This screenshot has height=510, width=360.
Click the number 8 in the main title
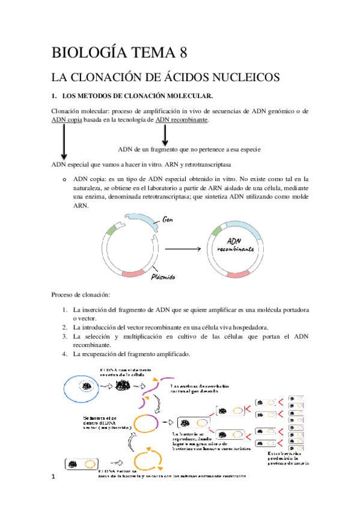coord(180,52)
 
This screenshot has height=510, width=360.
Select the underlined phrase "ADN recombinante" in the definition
coord(182,120)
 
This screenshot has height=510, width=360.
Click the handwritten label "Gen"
coord(169,220)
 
